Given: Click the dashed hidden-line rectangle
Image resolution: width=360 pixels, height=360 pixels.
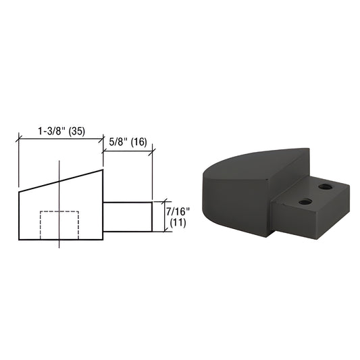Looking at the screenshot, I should click(59, 226).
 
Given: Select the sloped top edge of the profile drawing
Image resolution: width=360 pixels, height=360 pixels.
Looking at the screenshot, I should click(61, 181).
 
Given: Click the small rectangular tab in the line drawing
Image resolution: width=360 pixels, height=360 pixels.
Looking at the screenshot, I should click(127, 216).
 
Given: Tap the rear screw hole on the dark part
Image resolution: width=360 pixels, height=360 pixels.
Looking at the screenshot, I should click(326, 186).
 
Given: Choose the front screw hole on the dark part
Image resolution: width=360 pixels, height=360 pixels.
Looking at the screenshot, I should click(305, 201).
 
